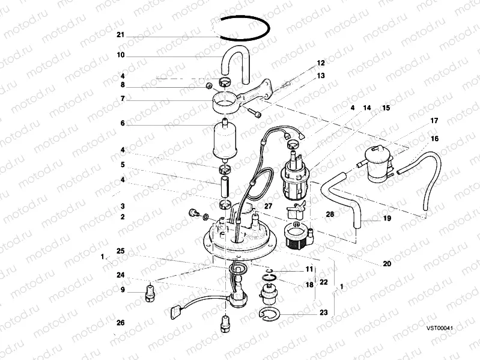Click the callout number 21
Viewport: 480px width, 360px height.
121,35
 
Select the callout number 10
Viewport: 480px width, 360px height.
121,55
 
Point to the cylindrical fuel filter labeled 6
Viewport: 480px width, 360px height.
225,141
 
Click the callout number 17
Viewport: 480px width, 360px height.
434,121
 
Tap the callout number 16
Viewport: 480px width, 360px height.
434,139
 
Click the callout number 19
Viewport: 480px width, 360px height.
387,218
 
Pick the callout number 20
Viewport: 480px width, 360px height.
387,264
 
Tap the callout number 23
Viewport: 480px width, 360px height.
324,313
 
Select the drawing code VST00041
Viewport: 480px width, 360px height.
440,328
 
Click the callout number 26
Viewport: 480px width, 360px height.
121,323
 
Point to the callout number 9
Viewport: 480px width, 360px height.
123,290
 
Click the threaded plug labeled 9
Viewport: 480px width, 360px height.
150,293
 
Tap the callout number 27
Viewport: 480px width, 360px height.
268,206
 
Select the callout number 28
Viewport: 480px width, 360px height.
330,215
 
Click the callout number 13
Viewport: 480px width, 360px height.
321,76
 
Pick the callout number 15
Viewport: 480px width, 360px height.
386,108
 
